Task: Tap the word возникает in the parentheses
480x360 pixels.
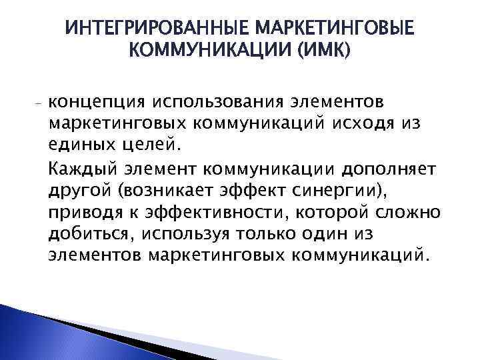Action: [x=165, y=192]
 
